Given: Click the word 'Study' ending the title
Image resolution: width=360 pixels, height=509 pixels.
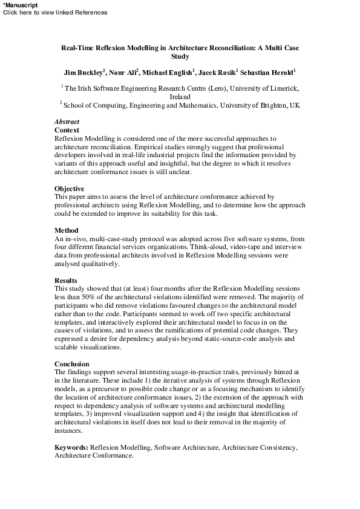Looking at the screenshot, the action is point(180,57).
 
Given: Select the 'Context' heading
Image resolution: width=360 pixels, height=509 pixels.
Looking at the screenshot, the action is point(67,130).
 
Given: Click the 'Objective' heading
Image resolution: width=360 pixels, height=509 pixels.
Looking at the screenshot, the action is point(70,189).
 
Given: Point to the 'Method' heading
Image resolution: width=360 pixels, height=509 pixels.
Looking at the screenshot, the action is point(67,230).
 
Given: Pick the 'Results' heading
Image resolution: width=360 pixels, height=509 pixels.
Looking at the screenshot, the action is point(66,280).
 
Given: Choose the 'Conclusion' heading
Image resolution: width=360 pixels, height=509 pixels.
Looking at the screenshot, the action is point(72,364).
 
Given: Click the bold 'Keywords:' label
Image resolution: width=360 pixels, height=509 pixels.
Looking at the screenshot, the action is point(71,447).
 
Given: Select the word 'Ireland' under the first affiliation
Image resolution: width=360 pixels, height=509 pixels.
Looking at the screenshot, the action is point(180,97).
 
